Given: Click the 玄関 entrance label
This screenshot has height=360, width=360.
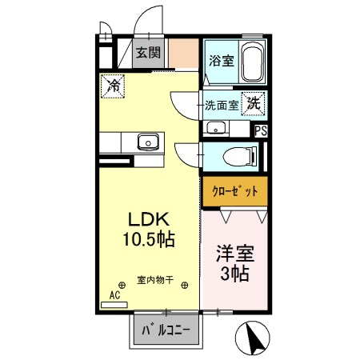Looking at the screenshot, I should click(x=146, y=54).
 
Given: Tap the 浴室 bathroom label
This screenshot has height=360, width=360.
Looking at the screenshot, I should click(x=220, y=59).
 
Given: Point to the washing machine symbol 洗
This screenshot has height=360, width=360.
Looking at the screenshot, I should click(x=254, y=103).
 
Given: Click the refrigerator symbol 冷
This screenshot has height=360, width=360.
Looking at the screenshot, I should click(x=113, y=84).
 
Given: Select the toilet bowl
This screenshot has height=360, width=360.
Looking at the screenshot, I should click(x=239, y=156).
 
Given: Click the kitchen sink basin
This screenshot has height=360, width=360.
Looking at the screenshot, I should click(x=146, y=143).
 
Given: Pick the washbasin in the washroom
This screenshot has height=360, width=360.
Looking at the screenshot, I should click(x=214, y=129).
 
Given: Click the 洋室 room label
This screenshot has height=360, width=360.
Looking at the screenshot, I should click(x=234, y=255).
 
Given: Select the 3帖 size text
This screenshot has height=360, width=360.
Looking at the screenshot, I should click(x=234, y=274).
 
